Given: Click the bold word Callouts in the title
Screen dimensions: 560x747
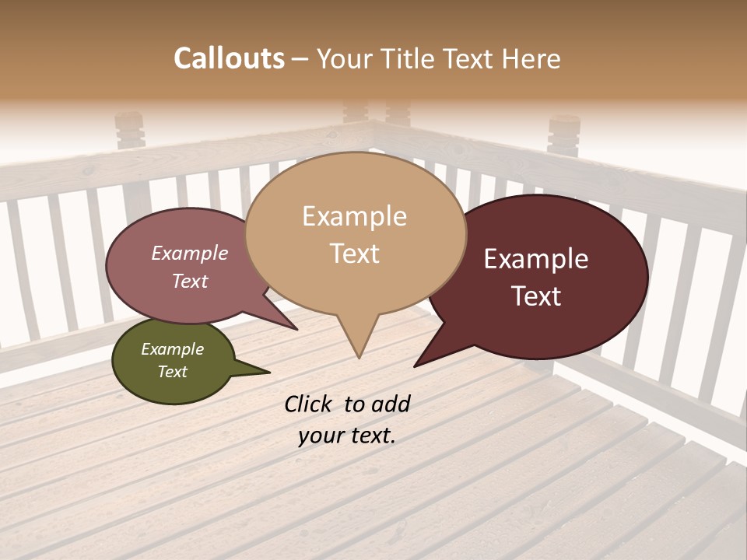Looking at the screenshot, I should [x=229, y=58].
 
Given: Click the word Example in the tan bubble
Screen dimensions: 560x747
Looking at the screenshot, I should [x=354, y=216].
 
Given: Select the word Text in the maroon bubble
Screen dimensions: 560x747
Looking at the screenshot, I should [x=536, y=296].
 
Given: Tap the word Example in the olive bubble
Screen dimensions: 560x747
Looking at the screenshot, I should [x=172, y=349].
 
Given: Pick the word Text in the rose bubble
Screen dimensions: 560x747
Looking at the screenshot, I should [x=190, y=282].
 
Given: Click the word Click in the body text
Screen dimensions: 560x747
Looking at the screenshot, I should [x=309, y=404].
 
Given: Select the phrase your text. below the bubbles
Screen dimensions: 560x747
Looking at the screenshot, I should [x=346, y=436].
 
